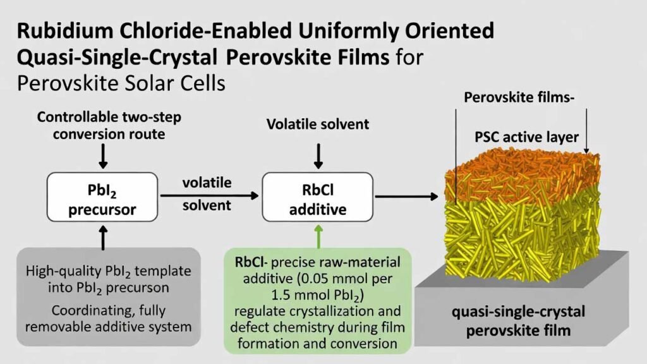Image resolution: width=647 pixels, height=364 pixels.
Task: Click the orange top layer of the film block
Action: click(518, 167)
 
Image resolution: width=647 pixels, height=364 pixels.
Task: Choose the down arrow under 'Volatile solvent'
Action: click(319, 155)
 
